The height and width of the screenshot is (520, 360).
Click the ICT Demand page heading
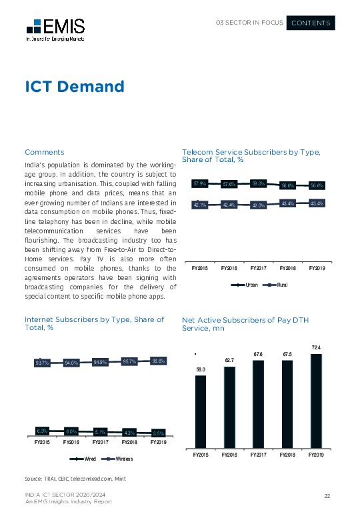(x=74, y=87)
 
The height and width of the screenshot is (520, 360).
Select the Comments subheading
(x=44, y=152)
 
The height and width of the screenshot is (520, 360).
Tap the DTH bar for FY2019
(x=317, y=400)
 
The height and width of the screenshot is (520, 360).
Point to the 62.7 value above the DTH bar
(x=229, y=361)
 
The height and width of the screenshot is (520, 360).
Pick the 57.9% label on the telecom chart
(x=201, y=183)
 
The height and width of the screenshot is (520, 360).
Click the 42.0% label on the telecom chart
(x=258, y=205)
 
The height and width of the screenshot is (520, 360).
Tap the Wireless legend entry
(x=121, y=459)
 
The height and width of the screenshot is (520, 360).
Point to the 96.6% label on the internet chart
(x=159, y=361)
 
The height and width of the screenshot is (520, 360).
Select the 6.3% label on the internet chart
(x=43, y=431)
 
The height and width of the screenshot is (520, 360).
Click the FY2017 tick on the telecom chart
(x=258, y=268)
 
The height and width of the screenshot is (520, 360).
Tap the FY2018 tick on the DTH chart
(x=287, y=455)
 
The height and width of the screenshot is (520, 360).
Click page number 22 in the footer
(x=327, y=495)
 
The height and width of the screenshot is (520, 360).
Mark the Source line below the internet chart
(x=75, y=479)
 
